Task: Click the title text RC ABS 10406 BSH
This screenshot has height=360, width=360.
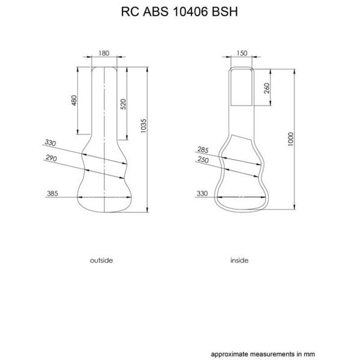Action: click(x=179, y=11)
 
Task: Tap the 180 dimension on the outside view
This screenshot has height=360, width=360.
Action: click(x=104, y=53)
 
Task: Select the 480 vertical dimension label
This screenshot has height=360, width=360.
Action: click(x=74, y=100)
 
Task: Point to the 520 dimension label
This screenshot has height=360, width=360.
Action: click(x=123, y=104)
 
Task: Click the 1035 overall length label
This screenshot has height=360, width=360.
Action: click(x=143, y=126)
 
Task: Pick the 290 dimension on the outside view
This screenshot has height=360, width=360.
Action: click(x=51, y=158)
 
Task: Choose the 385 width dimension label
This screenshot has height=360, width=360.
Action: click(x=52, y=194)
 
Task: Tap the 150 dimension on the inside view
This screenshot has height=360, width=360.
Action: click(x=242, y=53)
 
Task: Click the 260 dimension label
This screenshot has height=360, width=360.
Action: click(x=267, y=88)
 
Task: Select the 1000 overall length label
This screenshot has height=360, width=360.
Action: click(x=290, y=139)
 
